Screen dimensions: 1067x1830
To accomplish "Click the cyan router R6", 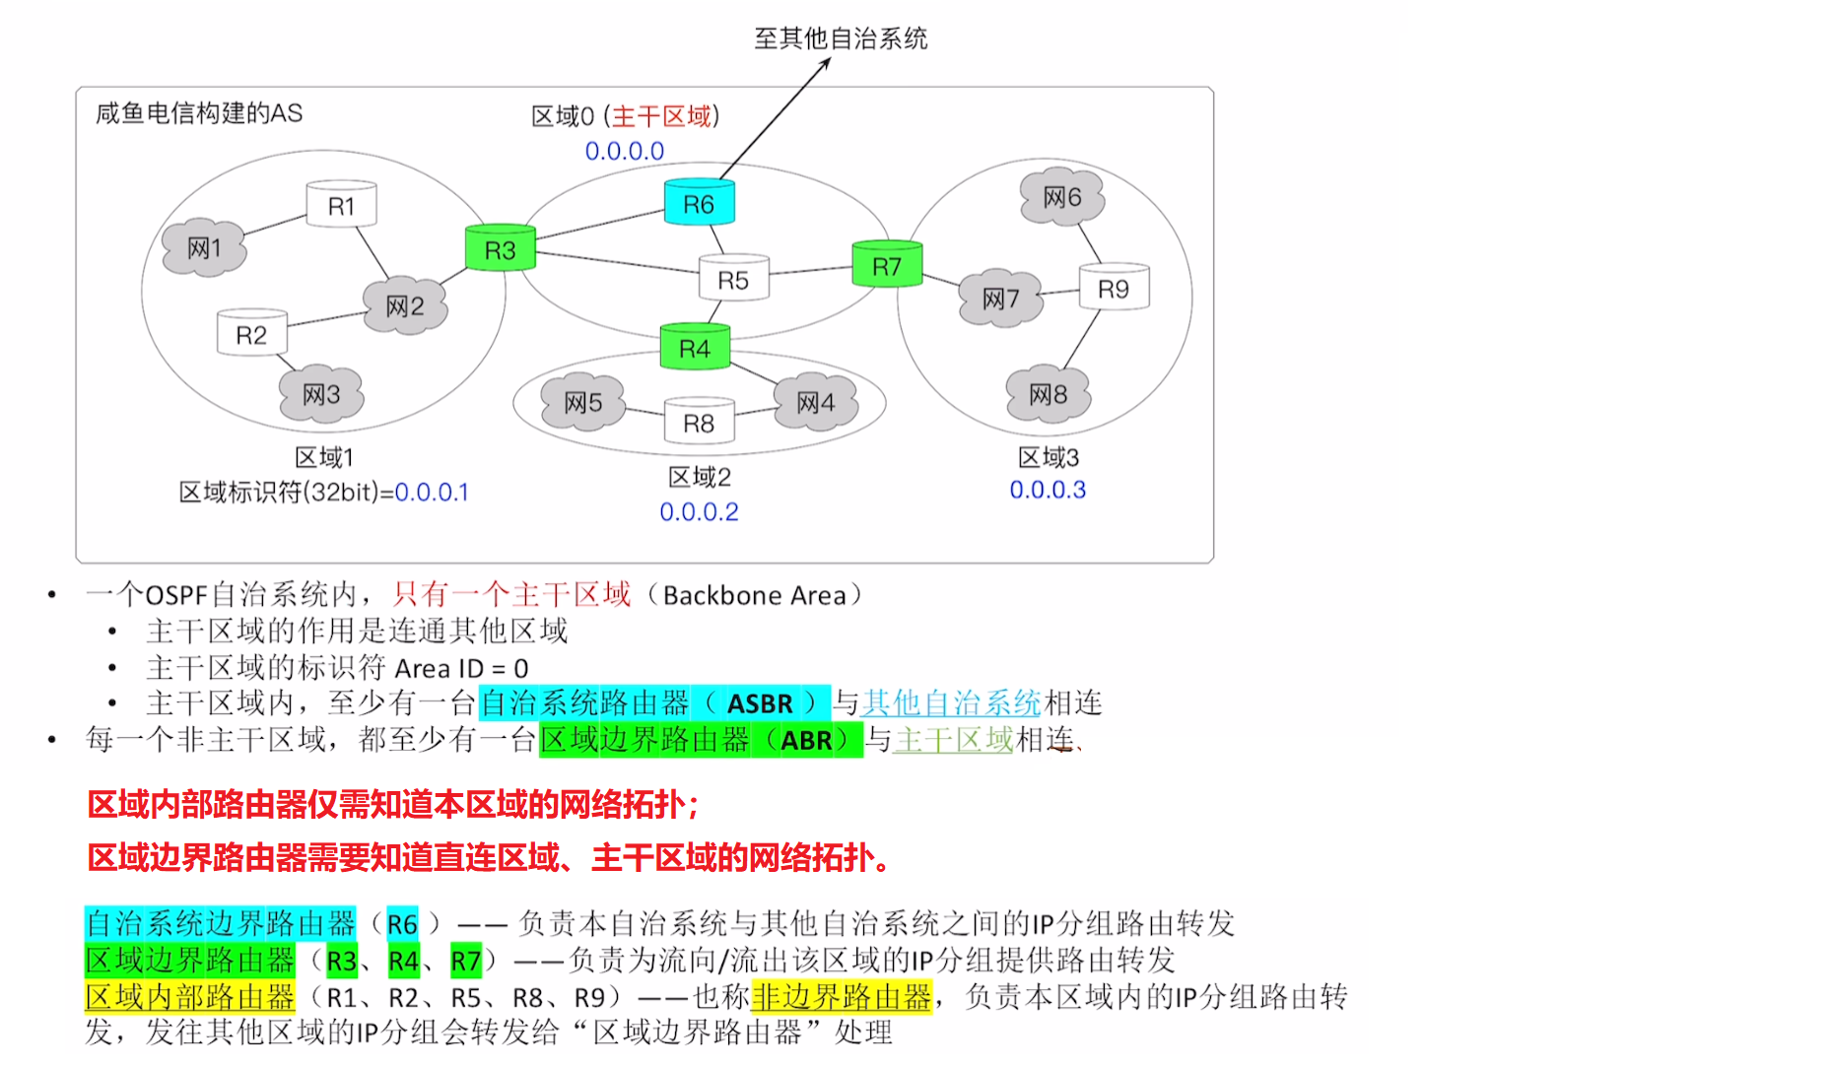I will (x=699, y=203).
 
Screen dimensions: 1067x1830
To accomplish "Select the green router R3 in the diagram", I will (x=500, y=249).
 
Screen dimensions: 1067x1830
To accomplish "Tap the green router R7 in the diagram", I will (x=887, y=265).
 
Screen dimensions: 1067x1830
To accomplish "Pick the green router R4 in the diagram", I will (x=695, y=348).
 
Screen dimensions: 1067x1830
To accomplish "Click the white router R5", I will (x=733, y=280).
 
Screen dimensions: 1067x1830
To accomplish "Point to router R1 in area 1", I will (x=341, y=205).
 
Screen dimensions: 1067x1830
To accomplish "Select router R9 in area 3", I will (x=1114, y=288).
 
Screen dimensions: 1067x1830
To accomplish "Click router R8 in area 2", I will (x=699, y=423).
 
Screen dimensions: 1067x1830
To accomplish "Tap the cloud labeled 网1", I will (x=204, y=247).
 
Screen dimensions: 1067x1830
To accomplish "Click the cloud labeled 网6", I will (x=1061, y=197).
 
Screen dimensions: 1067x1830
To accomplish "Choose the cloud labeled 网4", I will (x=815, y=402).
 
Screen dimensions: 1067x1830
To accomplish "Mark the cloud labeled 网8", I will (x=1048, y=394).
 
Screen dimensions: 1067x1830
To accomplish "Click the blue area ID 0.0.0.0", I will (x=625, y=151).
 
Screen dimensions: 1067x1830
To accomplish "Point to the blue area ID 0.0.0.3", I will (x=1048, y=490).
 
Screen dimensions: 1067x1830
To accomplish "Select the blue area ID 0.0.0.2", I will (x=699, y=511).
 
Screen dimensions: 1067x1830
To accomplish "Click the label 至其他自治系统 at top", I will (x=841, y=38).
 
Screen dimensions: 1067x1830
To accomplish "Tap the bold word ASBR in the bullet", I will (x=760, y=703).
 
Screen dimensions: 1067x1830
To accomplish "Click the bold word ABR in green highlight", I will (x=806, y=740).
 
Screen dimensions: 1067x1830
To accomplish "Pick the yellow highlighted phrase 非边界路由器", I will (x=841, y=997).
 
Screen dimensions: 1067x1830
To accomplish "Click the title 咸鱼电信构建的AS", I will (x=199, y=113).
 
